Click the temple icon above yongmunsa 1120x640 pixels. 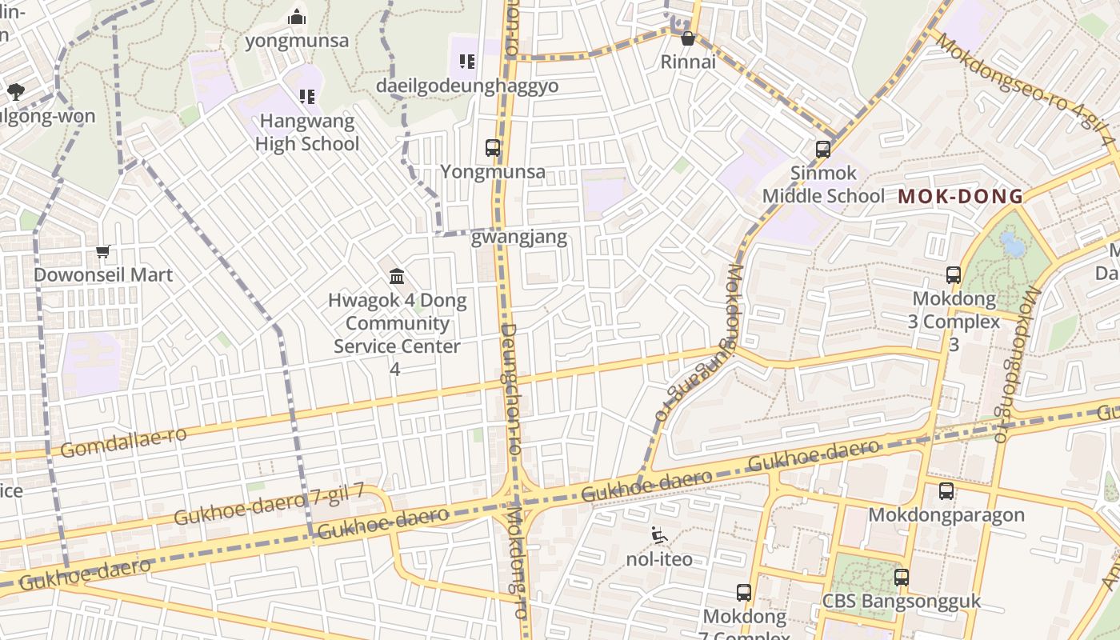(x=297, y=17)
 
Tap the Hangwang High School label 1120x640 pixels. (x=307, y=133)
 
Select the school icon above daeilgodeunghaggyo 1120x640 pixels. (x=467, y=62)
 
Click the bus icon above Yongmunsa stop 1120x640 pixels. (x=493, y=148)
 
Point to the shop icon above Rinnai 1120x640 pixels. (x=687, y=38)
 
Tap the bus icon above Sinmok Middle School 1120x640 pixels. (x=823, y=150)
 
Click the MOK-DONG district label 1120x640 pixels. (x=960, y=196)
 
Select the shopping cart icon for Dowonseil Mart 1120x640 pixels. (x=103, y=252)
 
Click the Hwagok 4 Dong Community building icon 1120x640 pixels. (x=396, y=277)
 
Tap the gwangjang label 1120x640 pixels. (x=519, y=237)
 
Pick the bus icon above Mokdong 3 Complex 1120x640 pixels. (x=953, y=275)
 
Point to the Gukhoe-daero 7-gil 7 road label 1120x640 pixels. (x=269, y=504)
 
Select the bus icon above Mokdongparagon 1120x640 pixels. (x=946, y=491)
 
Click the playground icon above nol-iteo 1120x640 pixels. (x=658, y=535)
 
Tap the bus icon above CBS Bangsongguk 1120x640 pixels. (x=902, y=578)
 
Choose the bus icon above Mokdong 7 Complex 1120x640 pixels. (x=744, y=593)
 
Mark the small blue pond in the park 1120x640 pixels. (x=1012, y=244)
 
